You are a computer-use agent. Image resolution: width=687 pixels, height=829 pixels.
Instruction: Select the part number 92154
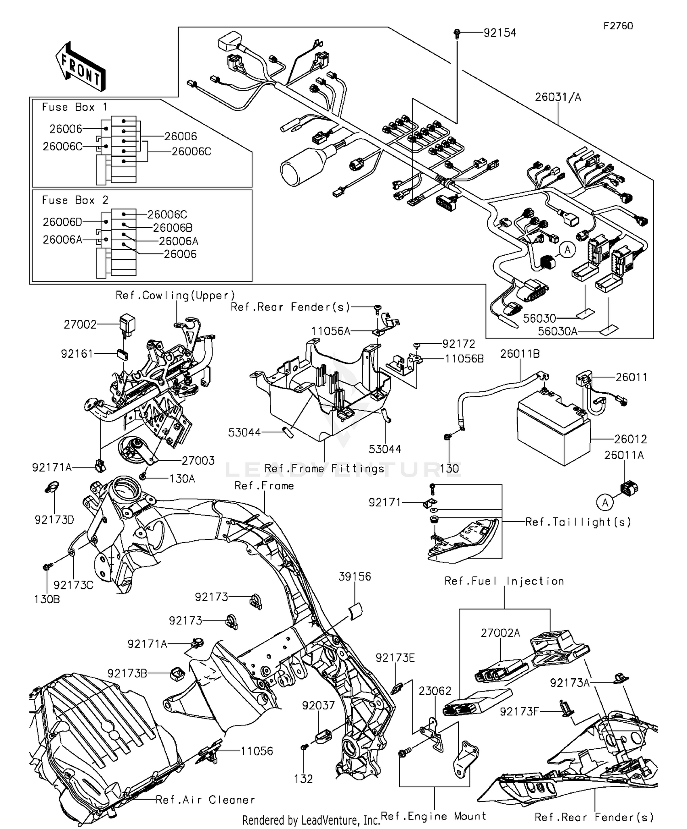pyautogui.click(x=500, y=33)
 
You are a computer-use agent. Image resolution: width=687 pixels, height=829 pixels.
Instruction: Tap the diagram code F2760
pyautogui.click(x=618, y=26)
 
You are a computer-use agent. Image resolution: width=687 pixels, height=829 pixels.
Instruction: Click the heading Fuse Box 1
pyautogui.click(x=75, y=107)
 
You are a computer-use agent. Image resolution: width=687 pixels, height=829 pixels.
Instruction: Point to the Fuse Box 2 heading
pyautogui.click(x=75, y=200)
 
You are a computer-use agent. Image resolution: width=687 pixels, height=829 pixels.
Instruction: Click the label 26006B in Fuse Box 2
pyautogui.click(x=173, y=228)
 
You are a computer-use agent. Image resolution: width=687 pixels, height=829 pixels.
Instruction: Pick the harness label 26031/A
pyautogui.click(x=558, y=97)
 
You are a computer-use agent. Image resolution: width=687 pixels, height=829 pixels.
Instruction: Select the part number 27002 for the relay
pyautogui.click(x=80, y=325)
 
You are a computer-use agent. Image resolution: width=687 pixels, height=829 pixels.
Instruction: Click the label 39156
pyautogui.click(x=354, y=576)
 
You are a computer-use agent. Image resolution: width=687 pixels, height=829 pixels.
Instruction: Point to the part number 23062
pyautogui.click(x=435, y=691)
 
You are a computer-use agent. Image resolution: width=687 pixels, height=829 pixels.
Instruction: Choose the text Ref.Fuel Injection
pyautogui.click(x=504, y=581)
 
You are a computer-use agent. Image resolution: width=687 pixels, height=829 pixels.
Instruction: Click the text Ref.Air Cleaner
pyautogui.click(x=205, y=800)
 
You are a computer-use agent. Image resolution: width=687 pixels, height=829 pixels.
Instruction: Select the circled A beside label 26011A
pyautogui.click(x=605, y=503)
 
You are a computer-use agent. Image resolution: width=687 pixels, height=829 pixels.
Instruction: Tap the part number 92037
pyautogui.click(x=318, y=705)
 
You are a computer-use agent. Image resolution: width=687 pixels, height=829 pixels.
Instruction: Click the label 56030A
pyautogui.click(x=557, y=331)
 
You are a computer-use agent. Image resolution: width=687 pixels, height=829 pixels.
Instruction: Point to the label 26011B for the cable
pyautogui.click(x=520, y=354)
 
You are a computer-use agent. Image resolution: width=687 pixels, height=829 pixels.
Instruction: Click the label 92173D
pyautogui.click(x=54, y=520)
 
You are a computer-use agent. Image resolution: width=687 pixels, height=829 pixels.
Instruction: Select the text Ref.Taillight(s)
pyautogui.click(x=578, y=522)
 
